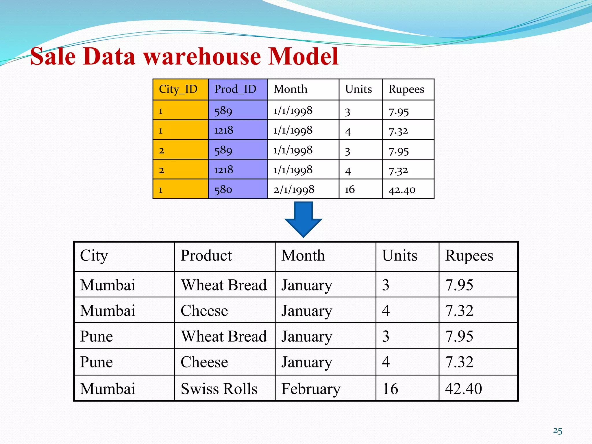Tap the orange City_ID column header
point(178,89)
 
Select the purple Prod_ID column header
point(235,89)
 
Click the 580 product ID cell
point(223,190)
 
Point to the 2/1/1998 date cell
point(294,190)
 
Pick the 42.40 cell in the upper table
point(402,190)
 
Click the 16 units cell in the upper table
point(350,190)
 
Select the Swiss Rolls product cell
point(219,388)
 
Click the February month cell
point(311,388)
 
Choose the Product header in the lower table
point(206,256)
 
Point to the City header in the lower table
point(94,256)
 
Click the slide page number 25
point(558,431)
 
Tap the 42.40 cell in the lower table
point(463,388)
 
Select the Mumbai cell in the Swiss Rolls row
point(108,388)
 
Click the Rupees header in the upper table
point(406,89)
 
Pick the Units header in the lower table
point(400,256)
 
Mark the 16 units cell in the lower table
point(390,388)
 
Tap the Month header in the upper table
point(291,89)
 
